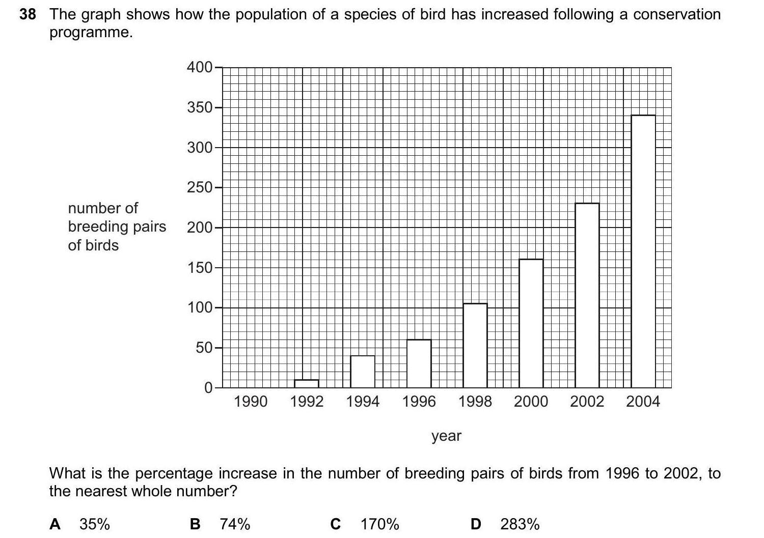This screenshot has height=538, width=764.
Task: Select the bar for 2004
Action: pyautogui.click(x=643, y=251)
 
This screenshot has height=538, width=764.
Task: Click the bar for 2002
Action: pyautogui.click(x=587, y=295)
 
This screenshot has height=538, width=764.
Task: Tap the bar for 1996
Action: pyautogui.click(x=419, y=363)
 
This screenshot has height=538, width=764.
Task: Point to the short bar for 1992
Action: pyautogui.click(x=307, y=383)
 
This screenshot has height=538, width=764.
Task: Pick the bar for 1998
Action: pyautogui.click(x=475, y=346)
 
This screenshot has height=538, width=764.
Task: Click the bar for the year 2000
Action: pyautogui.click(x=531, y=323)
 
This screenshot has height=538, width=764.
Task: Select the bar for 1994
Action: pyautogui.click(x=363, y=372)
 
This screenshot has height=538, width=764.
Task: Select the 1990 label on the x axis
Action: pyautogui.click(x=251, y=402)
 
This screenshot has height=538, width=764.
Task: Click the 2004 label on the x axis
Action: pyautogui.click(x=643, y=402)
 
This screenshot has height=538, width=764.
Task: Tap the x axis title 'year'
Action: pyautogui.click(x=446, y=436)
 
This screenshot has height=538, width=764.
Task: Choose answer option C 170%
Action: pyautogui.click(x=365, y=524)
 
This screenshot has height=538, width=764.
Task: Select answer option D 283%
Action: pyautogui.click(x=505, y=524)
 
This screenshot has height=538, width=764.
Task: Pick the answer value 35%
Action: pyautogui.click(x=95, y=524)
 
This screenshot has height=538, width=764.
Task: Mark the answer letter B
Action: pyautogui.click(x=195, y=524)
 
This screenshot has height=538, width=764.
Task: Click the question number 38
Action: pyautogui.click(x=28, y=14)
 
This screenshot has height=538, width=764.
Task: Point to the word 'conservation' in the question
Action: pyautogui.click(x=677, y=14)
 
